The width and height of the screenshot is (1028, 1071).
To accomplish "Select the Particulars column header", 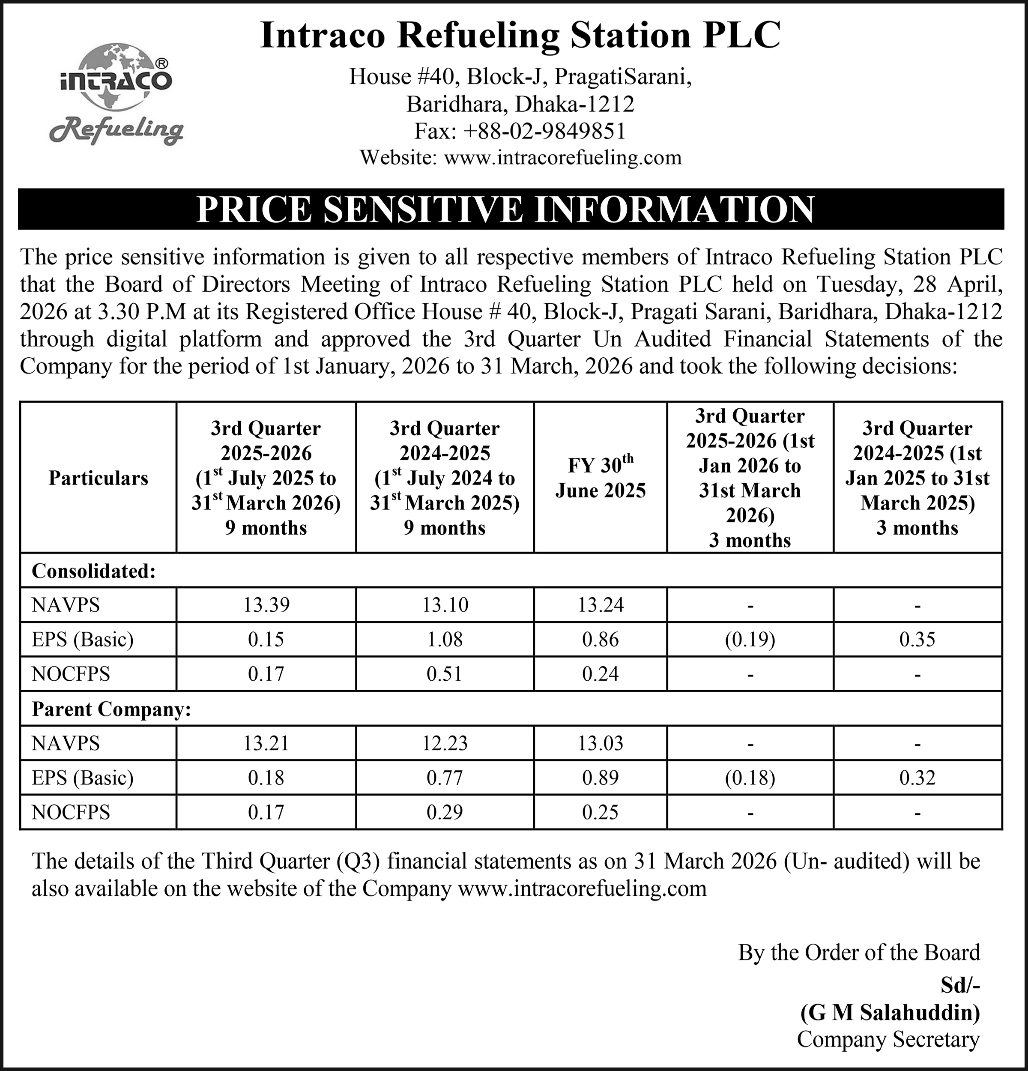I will (99, 478).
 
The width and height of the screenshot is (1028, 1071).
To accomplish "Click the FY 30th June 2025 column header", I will (600, 478).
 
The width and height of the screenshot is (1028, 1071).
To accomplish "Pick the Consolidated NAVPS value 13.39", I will (266, 605).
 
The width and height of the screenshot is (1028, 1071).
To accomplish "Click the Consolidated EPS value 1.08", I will (445, 639).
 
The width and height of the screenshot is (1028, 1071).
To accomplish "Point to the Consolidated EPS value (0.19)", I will (750, 639).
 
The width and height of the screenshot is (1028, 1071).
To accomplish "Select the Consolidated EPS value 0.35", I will (917, 639).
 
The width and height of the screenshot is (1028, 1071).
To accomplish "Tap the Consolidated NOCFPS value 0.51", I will (445, 674).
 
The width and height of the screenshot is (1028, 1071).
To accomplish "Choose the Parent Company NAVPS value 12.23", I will (445, 743).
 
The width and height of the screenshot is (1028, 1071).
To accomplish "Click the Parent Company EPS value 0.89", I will (600, 778).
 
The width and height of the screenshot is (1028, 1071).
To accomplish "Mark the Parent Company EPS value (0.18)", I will (750, 778).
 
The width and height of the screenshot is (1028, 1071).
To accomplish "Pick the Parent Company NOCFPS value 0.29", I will (445, 812).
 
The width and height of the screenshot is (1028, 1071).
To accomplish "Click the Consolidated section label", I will (94, 571).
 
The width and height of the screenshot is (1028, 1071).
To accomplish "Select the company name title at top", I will (520, 36).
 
